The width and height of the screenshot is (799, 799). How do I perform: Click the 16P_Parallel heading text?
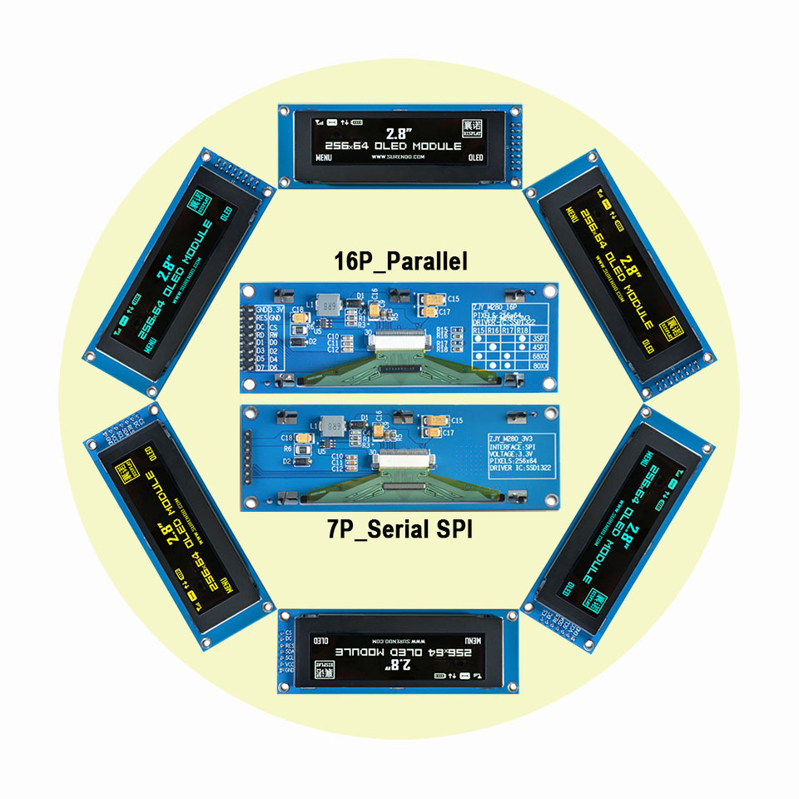[x=399, y=261]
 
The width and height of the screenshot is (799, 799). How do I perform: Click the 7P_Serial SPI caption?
[x=399, y=529]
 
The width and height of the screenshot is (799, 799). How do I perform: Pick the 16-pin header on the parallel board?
[x=247, y=337]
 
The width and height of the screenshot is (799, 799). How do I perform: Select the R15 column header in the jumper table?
[x=479, y=330]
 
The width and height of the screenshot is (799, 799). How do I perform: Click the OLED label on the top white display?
[x=475, y=156]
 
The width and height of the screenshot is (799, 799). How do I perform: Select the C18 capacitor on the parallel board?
[x=297, y=310]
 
